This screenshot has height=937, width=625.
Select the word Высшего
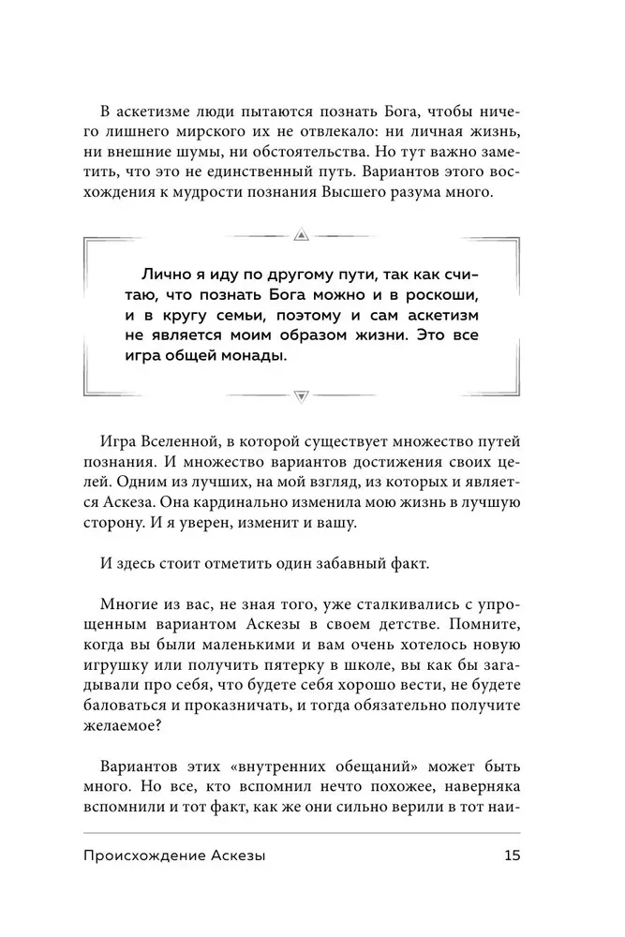point(367,193)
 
